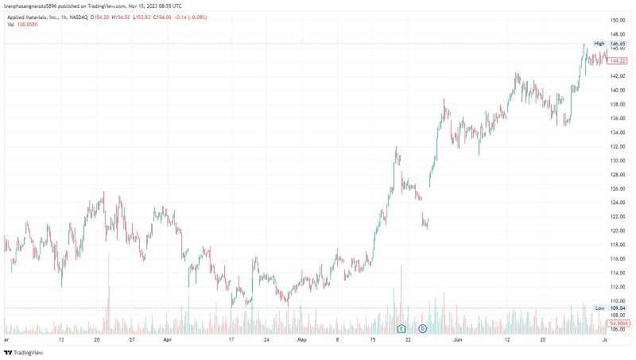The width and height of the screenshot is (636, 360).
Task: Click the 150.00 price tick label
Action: click(x=619, y=20)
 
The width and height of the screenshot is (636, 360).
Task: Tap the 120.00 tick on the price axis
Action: click(x=619, y=230)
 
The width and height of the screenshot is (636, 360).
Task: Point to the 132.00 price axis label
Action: click(x=619, y=146)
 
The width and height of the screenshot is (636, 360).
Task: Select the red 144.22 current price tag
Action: click(x=619, y=61)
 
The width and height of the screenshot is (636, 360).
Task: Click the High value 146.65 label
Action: click(x=619, y=44)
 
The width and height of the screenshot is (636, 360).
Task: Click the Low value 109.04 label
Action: click(x=619, y=308)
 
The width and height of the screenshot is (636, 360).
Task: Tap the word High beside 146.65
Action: click(x=599, y=44)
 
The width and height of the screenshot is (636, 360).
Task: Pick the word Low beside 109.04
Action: click(x=600, y=308)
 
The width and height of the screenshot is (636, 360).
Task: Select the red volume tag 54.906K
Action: click(x=619, y=323)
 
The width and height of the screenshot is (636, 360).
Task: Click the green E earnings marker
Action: click(x=401, y=327)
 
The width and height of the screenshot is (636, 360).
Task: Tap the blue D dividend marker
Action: click(x=423, y=327)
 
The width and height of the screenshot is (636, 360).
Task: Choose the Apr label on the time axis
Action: click(x=167, y=339)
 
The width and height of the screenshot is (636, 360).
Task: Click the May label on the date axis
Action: click(x=302, y=339)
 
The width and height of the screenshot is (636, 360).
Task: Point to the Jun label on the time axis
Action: click(x=457, y=339)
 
